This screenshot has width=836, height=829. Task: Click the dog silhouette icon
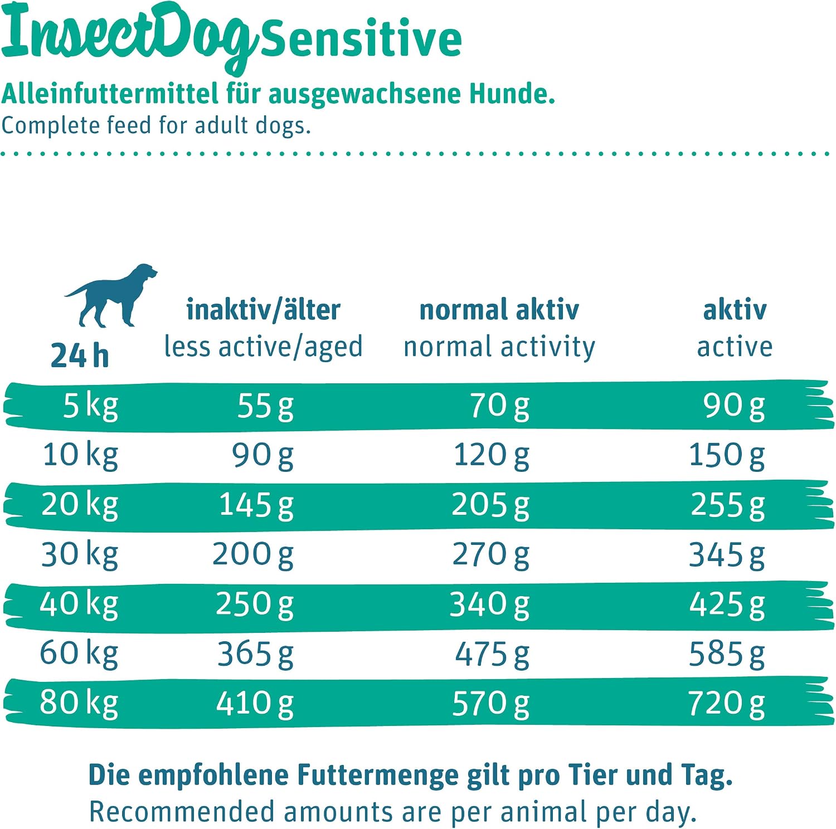click(x=111, y=295)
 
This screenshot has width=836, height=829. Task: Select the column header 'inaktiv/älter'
click(x=263, y=310)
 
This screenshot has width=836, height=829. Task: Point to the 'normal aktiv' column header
click(x=499, y=310)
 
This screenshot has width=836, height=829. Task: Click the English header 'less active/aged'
click(x=263, y=347)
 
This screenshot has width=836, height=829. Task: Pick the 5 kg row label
click(x=90, y=406)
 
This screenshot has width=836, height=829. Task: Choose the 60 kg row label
click(x=79, y=654)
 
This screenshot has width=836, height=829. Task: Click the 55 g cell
click(x=265, y=406)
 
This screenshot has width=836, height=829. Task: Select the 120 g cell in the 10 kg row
click(x=492, y=455)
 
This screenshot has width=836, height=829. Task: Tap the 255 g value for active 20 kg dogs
click(x=728, y=505)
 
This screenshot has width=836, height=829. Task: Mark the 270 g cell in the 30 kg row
click(x=491, y=555)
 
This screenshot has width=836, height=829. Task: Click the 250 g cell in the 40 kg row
click(x=255, y=604)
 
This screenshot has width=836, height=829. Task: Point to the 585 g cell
click(x=727, y=654)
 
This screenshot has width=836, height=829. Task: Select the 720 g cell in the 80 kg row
click(x=727, y=704)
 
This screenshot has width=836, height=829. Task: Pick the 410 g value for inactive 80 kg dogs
click(x=255, y=704)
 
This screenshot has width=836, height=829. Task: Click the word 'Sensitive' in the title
click(x=361, y=38)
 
